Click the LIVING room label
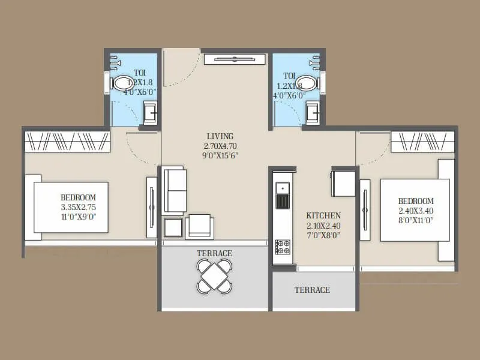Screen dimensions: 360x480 point(220,136)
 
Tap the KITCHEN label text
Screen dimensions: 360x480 point(323,215)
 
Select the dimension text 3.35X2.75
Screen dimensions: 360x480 point(78,207)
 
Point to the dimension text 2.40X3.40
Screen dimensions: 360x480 point(416,211)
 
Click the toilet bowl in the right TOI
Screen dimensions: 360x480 point(307,82)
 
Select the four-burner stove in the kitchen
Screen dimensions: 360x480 point(282,247)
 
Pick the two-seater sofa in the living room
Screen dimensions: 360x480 point(175,190)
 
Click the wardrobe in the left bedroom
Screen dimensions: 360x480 point(68,142)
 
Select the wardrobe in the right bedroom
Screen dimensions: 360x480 point(422,142)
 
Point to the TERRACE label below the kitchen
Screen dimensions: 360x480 point(312,290)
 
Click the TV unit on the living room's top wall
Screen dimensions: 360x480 point(233,58)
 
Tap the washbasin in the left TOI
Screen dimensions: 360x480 point(151,111)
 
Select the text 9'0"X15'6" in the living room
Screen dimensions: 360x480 point(220,154)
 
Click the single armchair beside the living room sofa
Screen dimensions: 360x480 point(199,227)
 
